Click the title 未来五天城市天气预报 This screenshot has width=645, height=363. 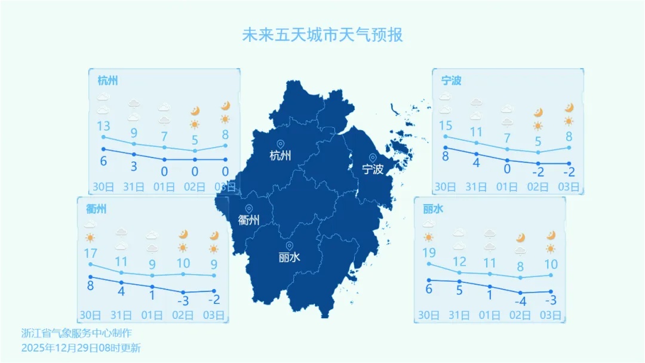[322, 35]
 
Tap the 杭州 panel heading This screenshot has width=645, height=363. [107, 81]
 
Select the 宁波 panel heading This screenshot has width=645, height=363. [451, 81]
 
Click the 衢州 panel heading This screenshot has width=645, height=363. [96, 209]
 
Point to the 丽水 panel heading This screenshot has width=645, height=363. [433, 209]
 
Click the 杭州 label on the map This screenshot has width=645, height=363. [280, 156]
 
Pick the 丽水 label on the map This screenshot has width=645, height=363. [290, 258]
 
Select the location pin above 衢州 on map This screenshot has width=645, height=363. [248, 209]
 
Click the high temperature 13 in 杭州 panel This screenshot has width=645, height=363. [103, 126]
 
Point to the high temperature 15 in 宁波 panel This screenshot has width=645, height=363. [446, 126]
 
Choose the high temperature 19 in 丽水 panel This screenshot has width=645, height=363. [429, 253]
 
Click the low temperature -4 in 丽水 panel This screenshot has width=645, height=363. [520, 301]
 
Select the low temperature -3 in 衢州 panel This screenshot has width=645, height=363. [183, 300]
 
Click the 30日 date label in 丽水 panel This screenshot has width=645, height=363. [429, 315]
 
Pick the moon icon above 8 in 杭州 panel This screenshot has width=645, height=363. [225, 106]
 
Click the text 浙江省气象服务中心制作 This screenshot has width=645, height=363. [76, 333]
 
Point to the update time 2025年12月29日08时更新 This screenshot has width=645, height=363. [81, 347]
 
